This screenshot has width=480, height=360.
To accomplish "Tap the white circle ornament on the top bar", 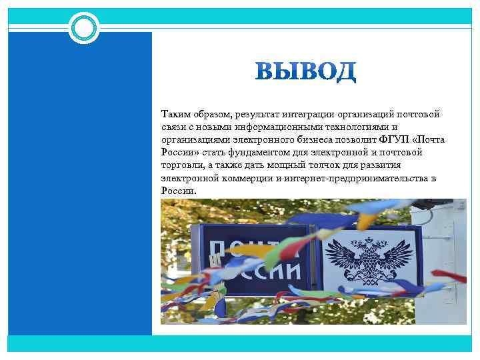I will [85, 28].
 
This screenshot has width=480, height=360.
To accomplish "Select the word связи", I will [173, 127].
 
